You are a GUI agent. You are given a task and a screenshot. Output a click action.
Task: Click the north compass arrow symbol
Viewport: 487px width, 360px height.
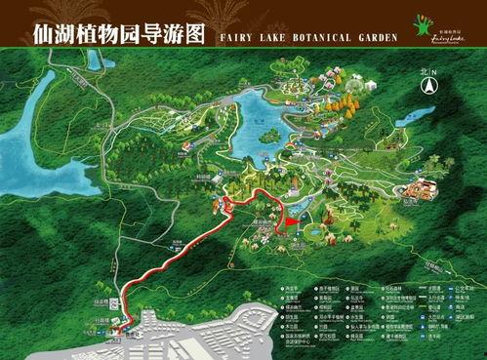(x=427, y=86)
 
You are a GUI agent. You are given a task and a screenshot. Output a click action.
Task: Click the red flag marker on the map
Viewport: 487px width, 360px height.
(x=290, y=224)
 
